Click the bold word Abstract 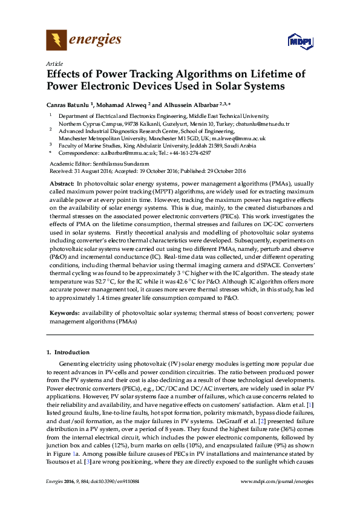(x=61, y=183)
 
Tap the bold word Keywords (x=63, y=313)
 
